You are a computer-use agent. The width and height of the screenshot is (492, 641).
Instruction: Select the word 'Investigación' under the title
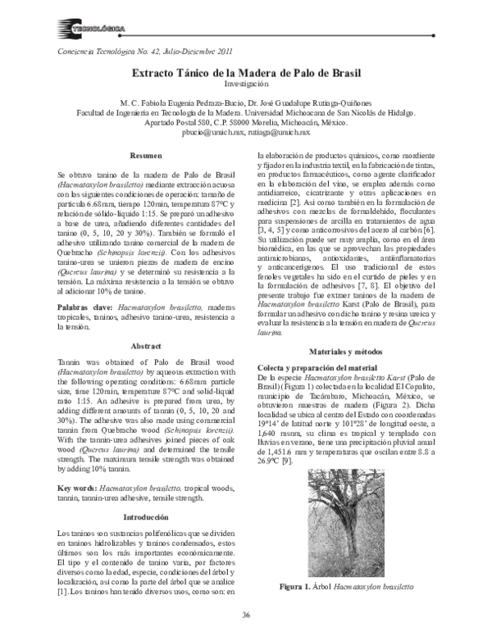tap(245, 84)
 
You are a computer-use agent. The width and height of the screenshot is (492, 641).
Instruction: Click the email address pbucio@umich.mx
tap(215, 131)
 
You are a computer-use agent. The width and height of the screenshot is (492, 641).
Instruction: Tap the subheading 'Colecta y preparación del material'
tap(316, 369)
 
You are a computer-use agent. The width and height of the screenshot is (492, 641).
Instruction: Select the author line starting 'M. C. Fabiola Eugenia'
tap(245, 105)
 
